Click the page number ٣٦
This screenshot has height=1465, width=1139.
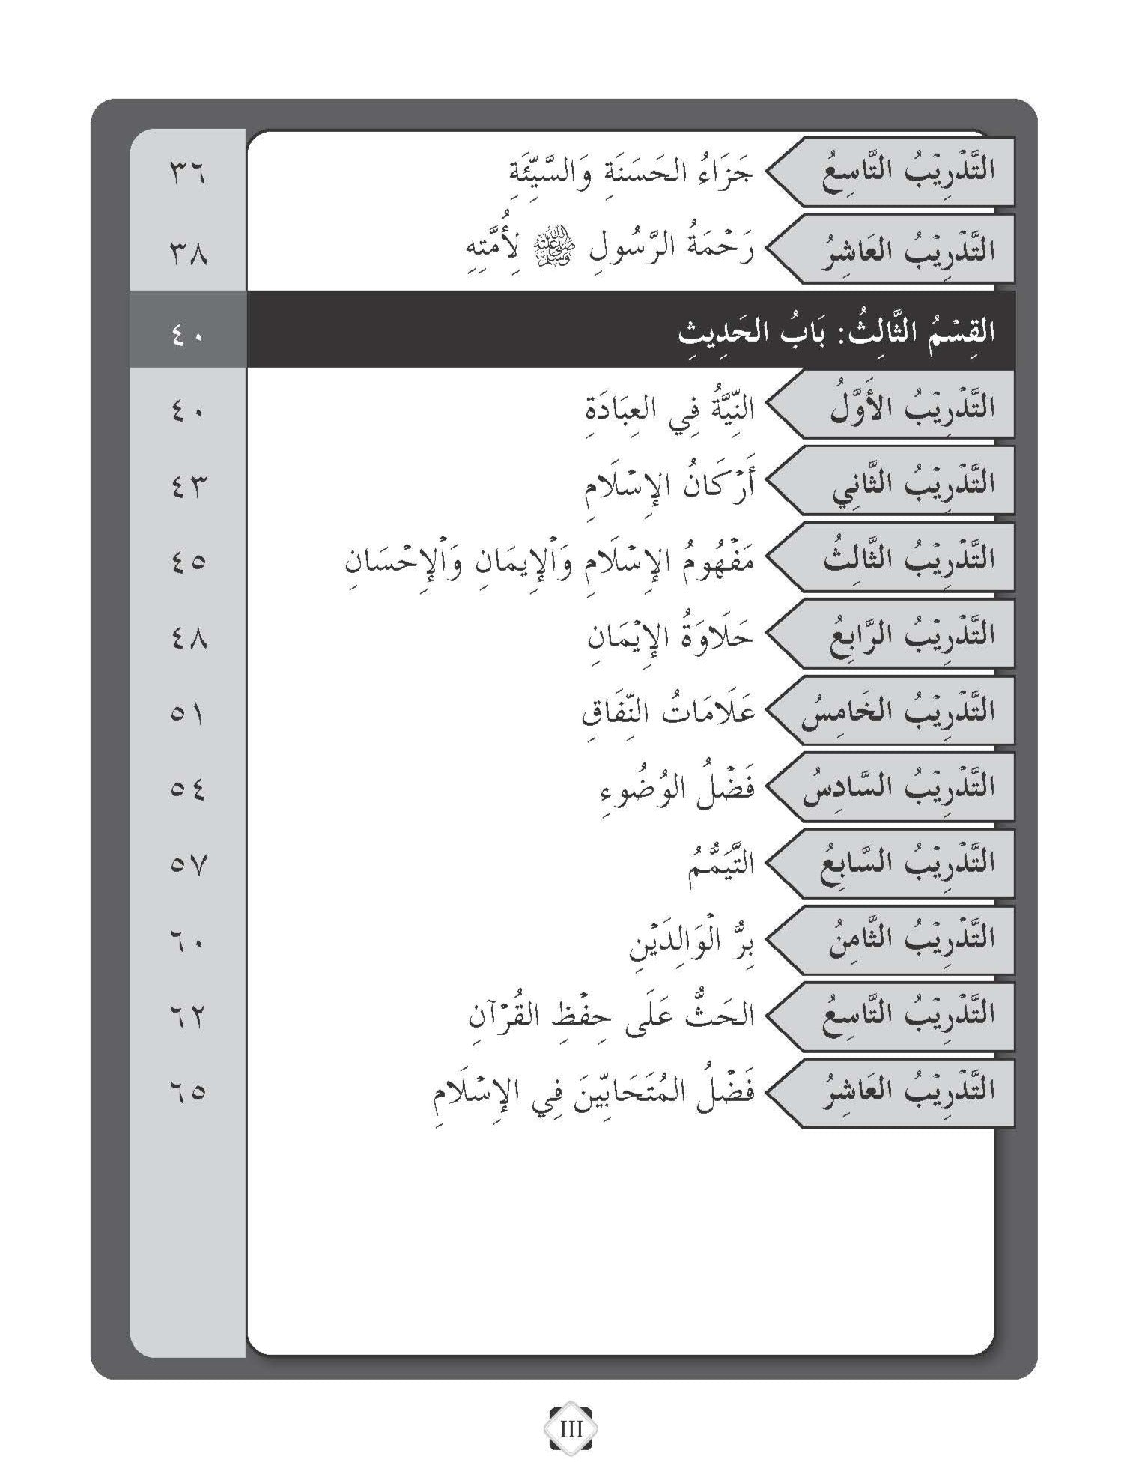point(186,177)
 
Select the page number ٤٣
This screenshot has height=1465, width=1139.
point(186,486)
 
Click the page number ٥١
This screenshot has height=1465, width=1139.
point(186,715)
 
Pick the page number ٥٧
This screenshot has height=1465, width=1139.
point(186,867)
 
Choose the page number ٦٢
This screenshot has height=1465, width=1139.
point(186,1017)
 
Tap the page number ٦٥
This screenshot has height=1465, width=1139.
point(186,1094)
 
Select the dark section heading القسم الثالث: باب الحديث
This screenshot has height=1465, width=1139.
point(836,331)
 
